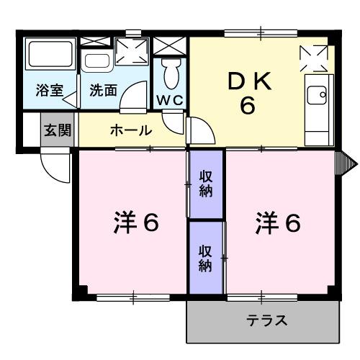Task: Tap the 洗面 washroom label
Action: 102,91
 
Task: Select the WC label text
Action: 170,98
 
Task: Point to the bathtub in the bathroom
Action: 48,57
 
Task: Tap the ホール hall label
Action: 130,131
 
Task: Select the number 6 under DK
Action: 248,107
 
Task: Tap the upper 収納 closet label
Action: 206,184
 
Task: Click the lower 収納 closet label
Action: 206,257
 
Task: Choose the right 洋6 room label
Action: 276,224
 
